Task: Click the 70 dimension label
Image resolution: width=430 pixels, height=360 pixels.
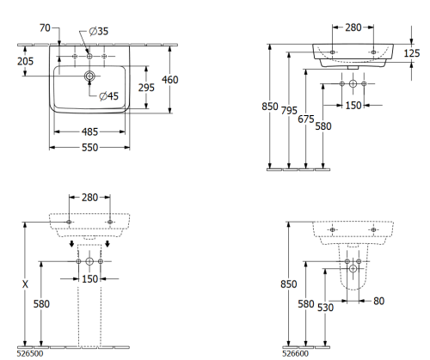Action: pyautogui.click(x=46, y=28)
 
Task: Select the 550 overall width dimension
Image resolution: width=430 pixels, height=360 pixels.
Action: pyautogui.click(x=89, y=147)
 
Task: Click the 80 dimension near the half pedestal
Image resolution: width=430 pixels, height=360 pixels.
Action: pyautogui.click(x=379, y=301)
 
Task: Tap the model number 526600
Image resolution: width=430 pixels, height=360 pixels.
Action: pyautogui.click(x=298, y=352)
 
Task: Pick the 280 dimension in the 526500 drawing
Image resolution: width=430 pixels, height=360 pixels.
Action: pyautogui.click(x=89, y=198)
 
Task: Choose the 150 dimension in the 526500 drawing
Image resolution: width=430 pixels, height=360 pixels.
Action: pyautogui.click(x=89, y=279)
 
